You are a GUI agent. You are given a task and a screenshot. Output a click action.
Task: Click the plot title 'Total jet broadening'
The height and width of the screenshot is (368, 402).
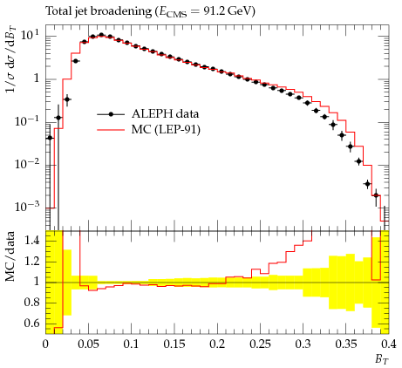pyautogui.click(x=99, y=11)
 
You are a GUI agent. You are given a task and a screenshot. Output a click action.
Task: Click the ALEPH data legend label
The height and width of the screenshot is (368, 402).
pyautogui.click(x=165, y=113)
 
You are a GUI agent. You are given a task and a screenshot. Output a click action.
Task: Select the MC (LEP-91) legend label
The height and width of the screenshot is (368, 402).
pyautogui.click(x=166, y=129)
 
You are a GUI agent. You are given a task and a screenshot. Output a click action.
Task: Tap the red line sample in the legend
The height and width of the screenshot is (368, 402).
pyautogui.click(x=111, y=130)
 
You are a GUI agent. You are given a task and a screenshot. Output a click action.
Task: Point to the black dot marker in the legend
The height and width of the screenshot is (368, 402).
pyautogui.click(x=111, y=114)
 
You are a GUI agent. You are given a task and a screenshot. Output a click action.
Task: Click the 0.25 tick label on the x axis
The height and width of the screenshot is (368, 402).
pyautogui.click(x=260, y=344)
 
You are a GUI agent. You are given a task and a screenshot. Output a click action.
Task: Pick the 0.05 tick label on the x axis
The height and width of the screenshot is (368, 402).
pyautogui.click(x=88, y=344)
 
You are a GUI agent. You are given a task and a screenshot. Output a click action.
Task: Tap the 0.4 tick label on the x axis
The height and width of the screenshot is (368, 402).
pyautogui.click(x=389, y=344)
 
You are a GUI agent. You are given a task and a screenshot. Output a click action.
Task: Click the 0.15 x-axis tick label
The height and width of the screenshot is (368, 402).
pyautogui.click(x=174, y=344)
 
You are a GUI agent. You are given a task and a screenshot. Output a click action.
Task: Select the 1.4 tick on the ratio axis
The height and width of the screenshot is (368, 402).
pyautogui.click(x=32, y=241)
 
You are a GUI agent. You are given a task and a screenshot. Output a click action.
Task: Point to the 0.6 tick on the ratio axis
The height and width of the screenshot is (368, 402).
pyautogui.click(x=32, y=324)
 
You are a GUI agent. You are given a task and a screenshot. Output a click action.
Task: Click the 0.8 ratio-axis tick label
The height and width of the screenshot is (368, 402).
pyautogui.click(x=32, y=303)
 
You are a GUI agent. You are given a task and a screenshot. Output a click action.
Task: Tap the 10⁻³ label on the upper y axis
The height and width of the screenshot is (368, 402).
pyautogui.click(x=27, y=206)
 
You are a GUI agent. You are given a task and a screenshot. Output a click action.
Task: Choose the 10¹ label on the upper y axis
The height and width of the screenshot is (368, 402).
pyautogui.click(x=31, y=36)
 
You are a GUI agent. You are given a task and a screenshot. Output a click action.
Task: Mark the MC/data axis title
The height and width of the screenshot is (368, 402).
pyautogui.click(x=10, y=256)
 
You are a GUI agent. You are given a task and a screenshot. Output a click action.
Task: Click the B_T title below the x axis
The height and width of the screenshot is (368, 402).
pyautogui.click(x=382, y=359)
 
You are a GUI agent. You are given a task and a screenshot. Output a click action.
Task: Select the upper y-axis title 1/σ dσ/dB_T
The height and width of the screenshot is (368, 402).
pyautogui.click(x=10, y=60)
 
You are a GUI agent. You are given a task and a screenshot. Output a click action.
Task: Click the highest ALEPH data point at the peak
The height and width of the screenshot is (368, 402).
pyautogui.click(x=101, y=35)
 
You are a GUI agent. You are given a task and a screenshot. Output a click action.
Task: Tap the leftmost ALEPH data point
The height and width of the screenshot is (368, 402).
pyautogui.click(x=50, y=138)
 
